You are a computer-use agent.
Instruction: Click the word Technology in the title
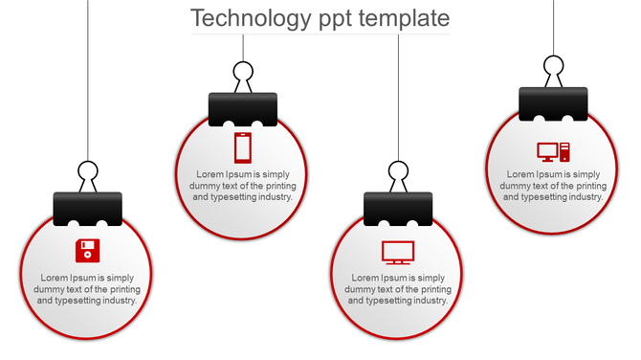[x=252, y=18]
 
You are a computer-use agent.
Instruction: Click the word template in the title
[x=402, y=18]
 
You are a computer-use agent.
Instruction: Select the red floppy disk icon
[x=88, y=251]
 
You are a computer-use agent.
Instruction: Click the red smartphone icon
[x=243, y=147]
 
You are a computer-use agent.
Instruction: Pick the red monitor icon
[x=398, y=252]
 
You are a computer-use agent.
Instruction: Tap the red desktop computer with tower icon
[x=553, y=151]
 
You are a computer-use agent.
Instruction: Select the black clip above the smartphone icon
[x=243, y=109]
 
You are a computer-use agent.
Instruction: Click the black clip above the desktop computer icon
[x=553, y=103]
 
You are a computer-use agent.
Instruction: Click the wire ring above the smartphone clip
[x=243, y=72]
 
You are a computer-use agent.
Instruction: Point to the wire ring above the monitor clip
[x=398, y=172]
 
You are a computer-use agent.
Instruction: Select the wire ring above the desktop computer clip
[x=553, y=66]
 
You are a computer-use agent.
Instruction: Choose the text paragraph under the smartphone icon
[x=243, y=186]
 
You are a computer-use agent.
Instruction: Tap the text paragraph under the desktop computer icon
[x=553, y=186]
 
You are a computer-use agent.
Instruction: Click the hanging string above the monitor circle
[x=398, y=96]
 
